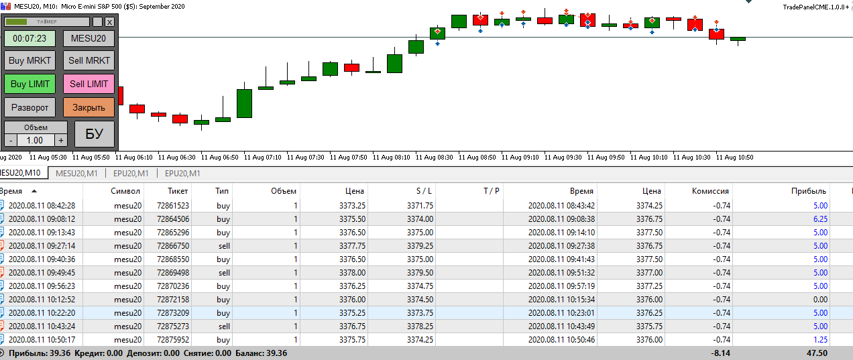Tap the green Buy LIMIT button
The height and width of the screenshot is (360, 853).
click(30, 84)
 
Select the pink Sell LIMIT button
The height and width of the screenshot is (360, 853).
click(89, 84)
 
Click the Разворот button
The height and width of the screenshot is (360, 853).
click(30, 107)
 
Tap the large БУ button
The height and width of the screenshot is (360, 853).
click(95, 133)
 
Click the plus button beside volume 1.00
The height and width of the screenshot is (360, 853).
click(61, 140)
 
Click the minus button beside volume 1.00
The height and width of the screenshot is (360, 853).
click(11, 140)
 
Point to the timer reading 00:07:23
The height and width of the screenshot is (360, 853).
click(30, 38)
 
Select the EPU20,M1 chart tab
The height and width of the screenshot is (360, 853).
click(129, 174)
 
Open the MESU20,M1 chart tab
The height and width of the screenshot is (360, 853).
click(76, 174)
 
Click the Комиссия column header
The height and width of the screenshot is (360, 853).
click(710, 191)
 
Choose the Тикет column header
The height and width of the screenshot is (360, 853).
click(178, 191)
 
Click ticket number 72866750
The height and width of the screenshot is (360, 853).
click(173, 246)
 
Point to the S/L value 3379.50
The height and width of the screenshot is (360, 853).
click(420, 273)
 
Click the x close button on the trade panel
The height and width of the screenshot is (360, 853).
click(109, 21)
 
